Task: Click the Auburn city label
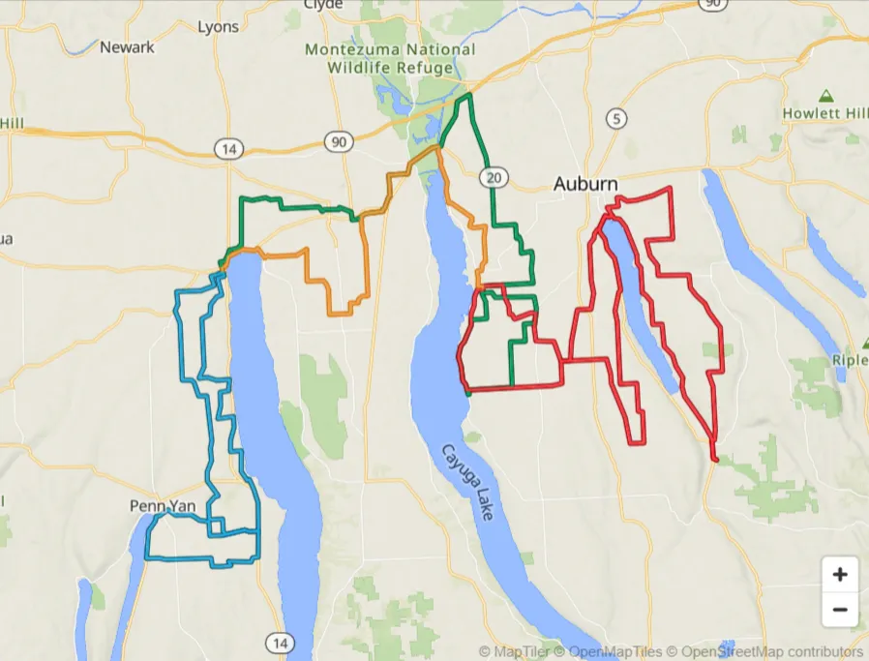[x=584, y=183]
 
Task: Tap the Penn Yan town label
[x=163, y=505]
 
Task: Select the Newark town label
[x=127, y=46]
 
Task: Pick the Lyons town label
[x=218, y=27]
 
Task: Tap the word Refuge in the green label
[x=421, y=68]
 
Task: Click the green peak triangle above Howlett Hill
[x=825, y=96]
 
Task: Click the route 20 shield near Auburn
[x=494, y=178]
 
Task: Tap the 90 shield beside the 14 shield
[x=338, y=142]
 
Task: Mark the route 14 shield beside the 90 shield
[x=228, y=149]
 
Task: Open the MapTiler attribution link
[x=521, y=652]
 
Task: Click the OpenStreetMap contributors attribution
[x=770, y=652]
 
